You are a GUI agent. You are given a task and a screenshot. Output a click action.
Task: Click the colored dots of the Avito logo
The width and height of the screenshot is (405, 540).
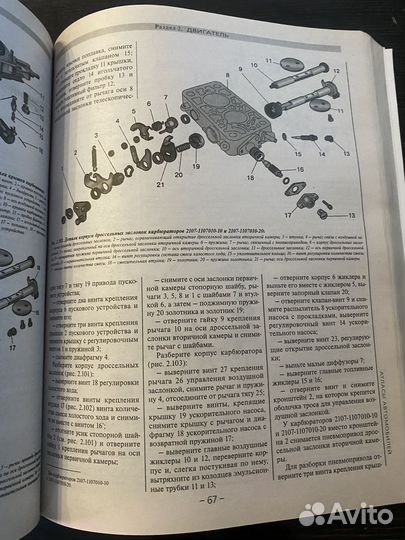[313, 514]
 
